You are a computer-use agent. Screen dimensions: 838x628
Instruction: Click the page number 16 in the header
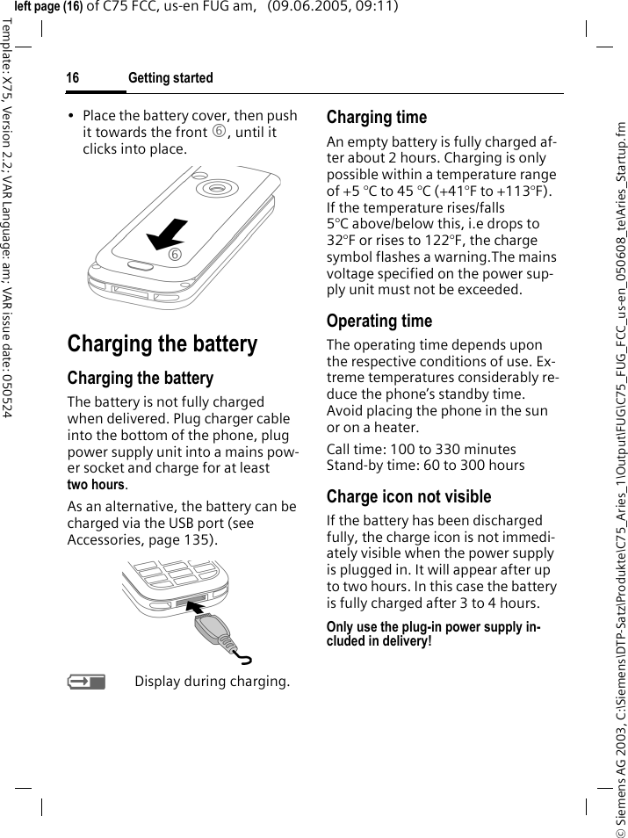pos(73,78)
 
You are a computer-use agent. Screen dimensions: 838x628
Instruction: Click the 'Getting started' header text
pos(170,78)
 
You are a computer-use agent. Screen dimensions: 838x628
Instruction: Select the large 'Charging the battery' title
pos(162,343)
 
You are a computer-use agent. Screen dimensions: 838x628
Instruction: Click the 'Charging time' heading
pos(377,117)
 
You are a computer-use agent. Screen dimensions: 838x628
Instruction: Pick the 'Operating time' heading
pos(379,321)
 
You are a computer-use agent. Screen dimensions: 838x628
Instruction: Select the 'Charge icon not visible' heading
pos(409,496)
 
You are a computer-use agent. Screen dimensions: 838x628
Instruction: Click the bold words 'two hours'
pos(96,485)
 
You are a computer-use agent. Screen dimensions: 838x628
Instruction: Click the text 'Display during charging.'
pos(212,682)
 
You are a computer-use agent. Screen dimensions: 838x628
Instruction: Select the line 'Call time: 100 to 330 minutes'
pos(422,449)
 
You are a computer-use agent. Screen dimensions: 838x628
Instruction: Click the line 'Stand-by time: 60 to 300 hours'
pos(426,465)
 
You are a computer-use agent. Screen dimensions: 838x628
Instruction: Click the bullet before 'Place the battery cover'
pos(71,116)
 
